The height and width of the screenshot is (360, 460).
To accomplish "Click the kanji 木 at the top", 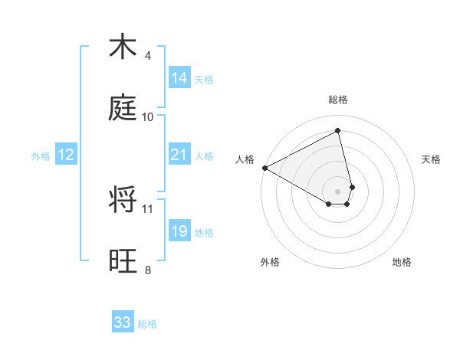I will click(123, 47).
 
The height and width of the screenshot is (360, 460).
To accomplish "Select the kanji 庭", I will click(123, 109).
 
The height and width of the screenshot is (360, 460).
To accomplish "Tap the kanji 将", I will click(123, 201).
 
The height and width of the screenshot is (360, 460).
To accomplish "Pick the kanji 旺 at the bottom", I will click(123, 262).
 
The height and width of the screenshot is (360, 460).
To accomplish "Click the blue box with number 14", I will click(179, 78).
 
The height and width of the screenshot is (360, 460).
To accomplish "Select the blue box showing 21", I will click(179, 155).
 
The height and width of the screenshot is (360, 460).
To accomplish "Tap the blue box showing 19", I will click(179, 231).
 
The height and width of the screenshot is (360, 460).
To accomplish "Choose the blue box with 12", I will click(66, 155).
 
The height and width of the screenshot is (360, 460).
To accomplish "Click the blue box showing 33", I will click(123, 322).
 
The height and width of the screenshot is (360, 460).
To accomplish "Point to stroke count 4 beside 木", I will click(147, 56).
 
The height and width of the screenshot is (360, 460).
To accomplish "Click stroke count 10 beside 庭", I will click(148, 117).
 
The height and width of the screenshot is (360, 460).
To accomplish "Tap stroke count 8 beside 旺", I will click(147, 270).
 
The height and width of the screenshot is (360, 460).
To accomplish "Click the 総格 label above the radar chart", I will click(338, 100).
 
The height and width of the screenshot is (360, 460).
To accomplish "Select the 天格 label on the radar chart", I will click(432, 159).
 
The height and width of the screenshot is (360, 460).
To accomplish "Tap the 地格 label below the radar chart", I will click(402, 262).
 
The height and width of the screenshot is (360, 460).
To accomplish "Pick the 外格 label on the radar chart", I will click(270, 262).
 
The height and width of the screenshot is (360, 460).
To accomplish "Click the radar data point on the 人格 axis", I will click(264, 168).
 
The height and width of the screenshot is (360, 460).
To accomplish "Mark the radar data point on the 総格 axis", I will click(338, 131).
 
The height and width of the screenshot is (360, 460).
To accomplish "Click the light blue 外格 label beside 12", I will click(41, 156).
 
